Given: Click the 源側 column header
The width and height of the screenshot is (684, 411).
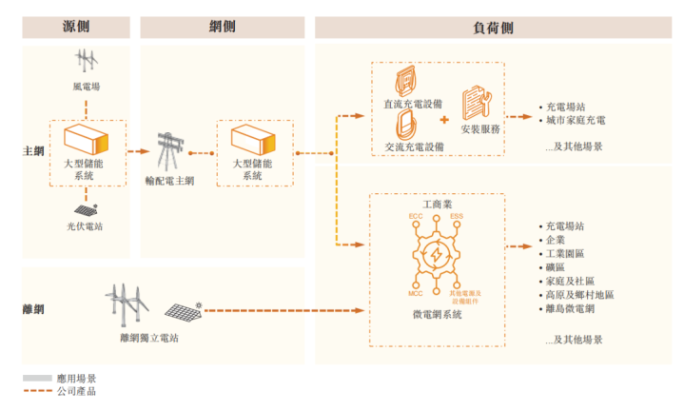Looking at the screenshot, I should (x=77, y=28).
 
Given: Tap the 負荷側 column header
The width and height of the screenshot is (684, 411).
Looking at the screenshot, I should (x=492, y=28).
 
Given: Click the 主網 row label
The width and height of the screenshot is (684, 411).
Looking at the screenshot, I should (x=32, y=151).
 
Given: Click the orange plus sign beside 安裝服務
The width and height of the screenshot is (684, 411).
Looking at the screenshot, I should (x=443, y=120).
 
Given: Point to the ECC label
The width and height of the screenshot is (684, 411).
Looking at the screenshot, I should (x=415, y=218).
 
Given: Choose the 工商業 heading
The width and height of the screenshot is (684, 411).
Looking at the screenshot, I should (x=438, y=205).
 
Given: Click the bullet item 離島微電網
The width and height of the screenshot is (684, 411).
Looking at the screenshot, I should (x=570, y=309).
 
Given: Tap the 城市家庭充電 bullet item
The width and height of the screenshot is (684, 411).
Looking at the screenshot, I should (x=576, y=121).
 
